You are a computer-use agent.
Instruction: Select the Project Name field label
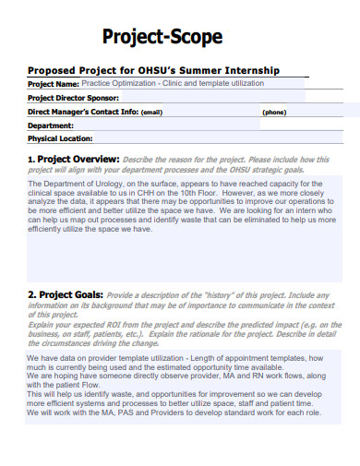pos(54,83)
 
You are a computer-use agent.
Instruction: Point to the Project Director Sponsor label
pos(74,97)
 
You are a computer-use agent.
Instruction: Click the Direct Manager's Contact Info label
pos(83,111)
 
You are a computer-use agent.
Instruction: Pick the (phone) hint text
pos(274,112)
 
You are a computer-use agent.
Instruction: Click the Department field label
pos(52,125)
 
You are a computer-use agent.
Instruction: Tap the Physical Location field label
pos(60,138)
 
